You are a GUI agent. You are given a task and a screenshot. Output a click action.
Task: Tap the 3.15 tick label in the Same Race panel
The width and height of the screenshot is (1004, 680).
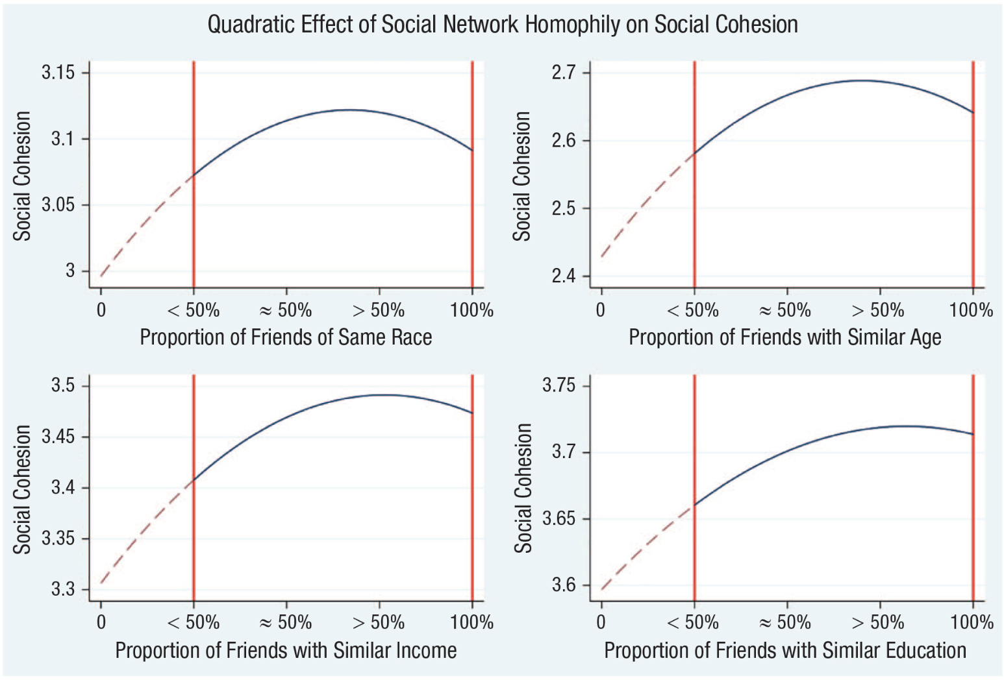[x=58, y=72]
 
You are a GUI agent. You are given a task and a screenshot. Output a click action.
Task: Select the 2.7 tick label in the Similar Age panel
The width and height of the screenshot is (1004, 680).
[x=563, y=72]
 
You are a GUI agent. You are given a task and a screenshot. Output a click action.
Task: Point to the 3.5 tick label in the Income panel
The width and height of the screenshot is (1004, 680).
[x=63, y=385]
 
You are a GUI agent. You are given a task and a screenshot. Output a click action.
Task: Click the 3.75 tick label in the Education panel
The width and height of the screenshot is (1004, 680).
[x=558, y=385]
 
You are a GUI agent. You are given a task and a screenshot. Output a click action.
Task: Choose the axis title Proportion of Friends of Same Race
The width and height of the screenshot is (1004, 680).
[x=286, y=337]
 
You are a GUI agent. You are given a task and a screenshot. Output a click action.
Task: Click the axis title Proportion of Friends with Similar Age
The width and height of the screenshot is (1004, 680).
[x=784, y=337]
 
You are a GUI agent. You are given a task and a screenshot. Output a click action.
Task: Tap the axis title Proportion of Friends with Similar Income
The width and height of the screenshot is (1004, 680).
[x=286, y=650]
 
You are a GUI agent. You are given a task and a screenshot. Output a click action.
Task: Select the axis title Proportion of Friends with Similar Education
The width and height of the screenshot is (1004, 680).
[x=784, y=650]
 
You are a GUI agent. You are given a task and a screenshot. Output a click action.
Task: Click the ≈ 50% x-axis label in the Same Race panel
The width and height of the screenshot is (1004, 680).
[x=286, y=310]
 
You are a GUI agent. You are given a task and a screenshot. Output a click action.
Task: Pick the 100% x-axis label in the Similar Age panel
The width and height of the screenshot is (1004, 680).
[x=971, y=310]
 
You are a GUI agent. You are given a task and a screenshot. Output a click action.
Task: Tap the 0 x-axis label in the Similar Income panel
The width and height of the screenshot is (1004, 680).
[x=101, y=622]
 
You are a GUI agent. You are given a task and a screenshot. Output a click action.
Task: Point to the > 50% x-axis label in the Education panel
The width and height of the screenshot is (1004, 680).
[x=877, y=622]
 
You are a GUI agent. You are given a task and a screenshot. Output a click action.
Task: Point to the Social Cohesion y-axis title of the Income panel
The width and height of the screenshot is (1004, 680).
[x=22, y=489]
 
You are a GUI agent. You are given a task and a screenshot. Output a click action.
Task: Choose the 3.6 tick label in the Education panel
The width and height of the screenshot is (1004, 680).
[x=563, y=585]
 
